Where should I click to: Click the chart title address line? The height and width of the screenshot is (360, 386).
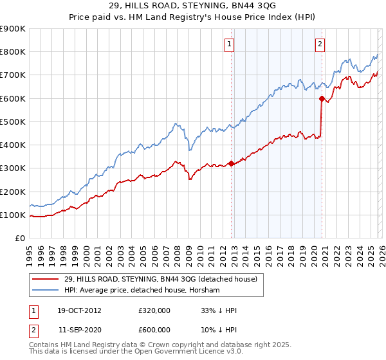pyautogui.click(x=192, y=6)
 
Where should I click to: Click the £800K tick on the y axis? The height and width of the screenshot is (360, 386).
pyautogui.click(x=13, y=52)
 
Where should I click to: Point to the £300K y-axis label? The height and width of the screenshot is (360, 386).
pyautogui.click(x=13, y=168)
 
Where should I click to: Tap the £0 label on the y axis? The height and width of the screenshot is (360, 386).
pyautogui.click(x=19, y=239)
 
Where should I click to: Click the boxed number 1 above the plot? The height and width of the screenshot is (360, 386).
pyautogui.click(x=230, y=44)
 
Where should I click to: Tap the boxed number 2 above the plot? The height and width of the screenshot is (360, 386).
pyautogui.click(x=320, y=44)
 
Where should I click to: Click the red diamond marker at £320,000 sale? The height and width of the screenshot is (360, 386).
pyautogui.click(x=232, y=163)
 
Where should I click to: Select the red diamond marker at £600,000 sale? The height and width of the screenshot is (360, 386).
pyautogui.click(x=321, y=98)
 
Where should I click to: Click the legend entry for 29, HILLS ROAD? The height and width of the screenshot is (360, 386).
pyautogui.click(x=161, y=279)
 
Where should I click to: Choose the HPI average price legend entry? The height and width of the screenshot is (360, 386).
pyautogui.click(x=142, y=290)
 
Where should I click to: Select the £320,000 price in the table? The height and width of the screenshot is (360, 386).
pyautogui.click(x=154, y=310)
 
